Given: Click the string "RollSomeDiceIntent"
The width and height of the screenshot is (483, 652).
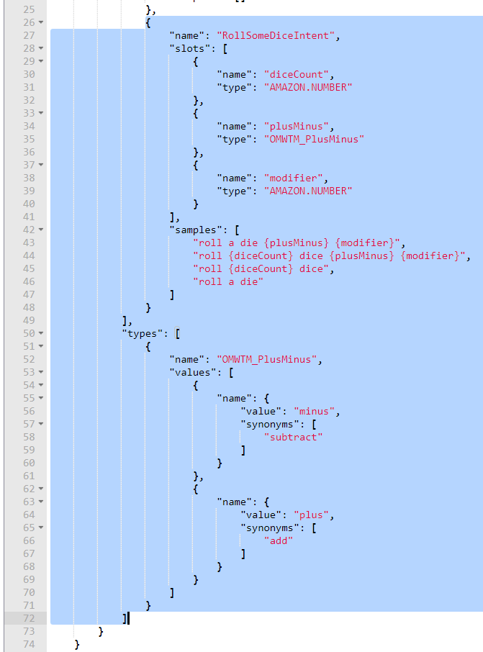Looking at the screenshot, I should (276, 35).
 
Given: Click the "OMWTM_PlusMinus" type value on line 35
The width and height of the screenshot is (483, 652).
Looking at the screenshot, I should (315, 139).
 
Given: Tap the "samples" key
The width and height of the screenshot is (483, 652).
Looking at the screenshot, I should (195, 230).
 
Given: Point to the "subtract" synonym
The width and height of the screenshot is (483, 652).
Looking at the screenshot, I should (294, 437).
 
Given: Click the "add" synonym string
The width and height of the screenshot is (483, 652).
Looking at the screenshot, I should (279, 540).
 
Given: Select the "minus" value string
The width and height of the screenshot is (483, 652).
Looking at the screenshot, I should (315, 411).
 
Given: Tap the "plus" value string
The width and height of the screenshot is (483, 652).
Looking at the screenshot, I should (312, 515).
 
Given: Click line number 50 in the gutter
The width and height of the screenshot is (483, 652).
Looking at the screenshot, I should (29, 333).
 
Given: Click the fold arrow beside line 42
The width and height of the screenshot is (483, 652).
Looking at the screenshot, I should (41, 230).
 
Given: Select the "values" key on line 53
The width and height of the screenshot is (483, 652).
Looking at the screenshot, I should (192, 372).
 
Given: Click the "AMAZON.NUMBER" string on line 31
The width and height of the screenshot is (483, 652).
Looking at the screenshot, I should (309, 87).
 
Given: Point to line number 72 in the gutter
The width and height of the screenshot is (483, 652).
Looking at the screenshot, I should (29, 618).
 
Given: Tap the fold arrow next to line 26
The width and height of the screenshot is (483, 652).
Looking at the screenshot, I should (41, 22).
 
